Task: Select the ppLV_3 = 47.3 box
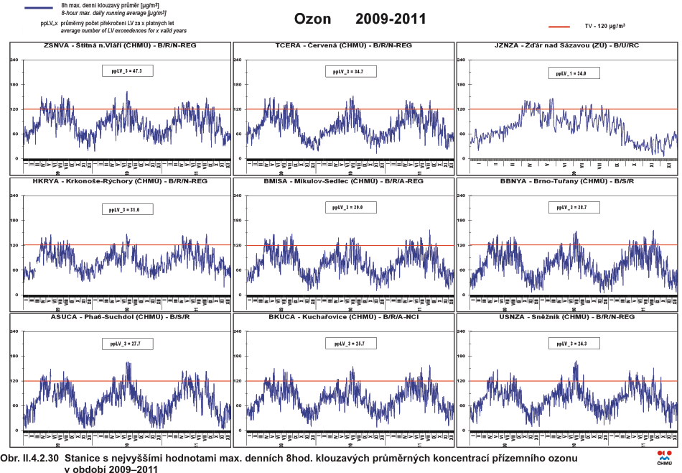[126, 72]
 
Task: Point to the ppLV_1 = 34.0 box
[573, 73]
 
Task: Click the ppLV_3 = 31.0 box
[126, 210]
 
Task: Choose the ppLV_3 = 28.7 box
[573, 207]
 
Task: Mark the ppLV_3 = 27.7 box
[126, 344]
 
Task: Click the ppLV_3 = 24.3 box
[573, 344]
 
